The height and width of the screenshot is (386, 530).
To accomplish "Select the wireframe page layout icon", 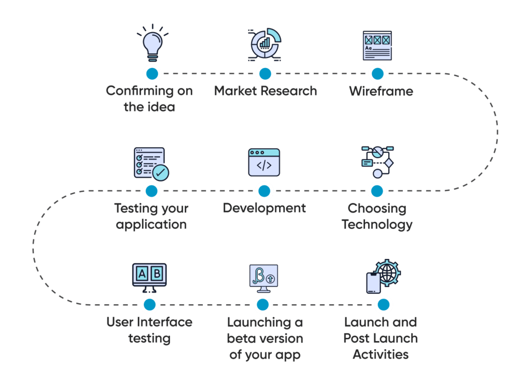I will tap(377, 46).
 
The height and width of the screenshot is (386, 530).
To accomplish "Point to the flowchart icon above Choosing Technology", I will tap(377, 162).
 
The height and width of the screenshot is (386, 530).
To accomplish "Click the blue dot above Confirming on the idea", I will tap(152, 73).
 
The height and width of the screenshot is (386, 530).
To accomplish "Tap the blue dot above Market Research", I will tap(265, 73).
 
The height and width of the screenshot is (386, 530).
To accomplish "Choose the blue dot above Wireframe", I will tap(378, 73).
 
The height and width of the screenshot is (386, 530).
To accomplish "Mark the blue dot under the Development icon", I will tap(264, 191).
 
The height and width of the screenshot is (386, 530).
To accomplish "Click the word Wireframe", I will tap(381, 92).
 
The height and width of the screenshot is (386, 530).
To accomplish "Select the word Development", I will tap(264, 208).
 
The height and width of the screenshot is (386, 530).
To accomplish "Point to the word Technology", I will tap(377, 225).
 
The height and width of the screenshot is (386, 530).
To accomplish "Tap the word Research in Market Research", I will tap(288, 91).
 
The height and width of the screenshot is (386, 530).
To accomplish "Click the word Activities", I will tap(381, 355).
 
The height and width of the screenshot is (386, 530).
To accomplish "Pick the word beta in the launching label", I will tap(241, 339).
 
